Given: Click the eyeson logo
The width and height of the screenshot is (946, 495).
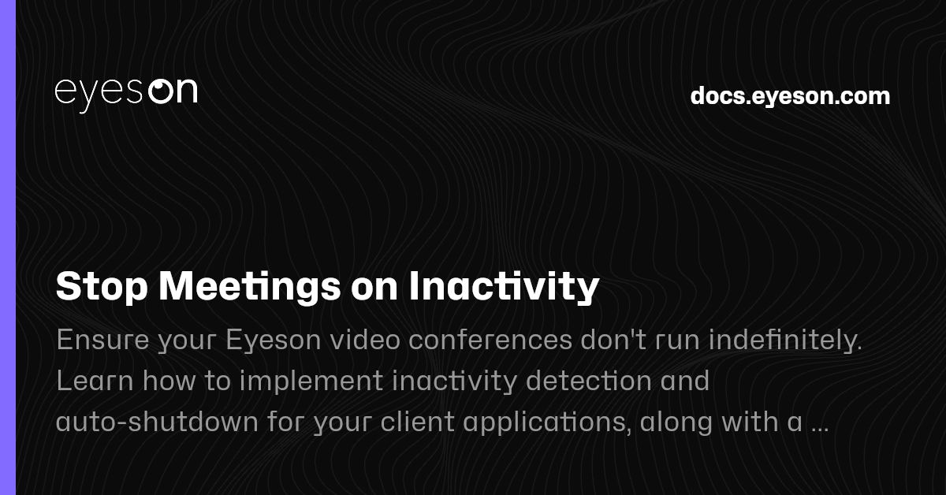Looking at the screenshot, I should pos(125,91).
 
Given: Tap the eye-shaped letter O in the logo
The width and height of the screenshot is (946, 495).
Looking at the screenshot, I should pos(161,91).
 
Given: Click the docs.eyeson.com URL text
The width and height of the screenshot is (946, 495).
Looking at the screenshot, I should pos(790,96).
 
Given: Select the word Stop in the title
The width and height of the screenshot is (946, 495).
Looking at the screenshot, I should pos(102,288).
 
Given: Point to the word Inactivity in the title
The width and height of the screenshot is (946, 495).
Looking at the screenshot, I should pos(505,288).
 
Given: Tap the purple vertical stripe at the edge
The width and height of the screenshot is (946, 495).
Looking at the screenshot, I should pos(8,247).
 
